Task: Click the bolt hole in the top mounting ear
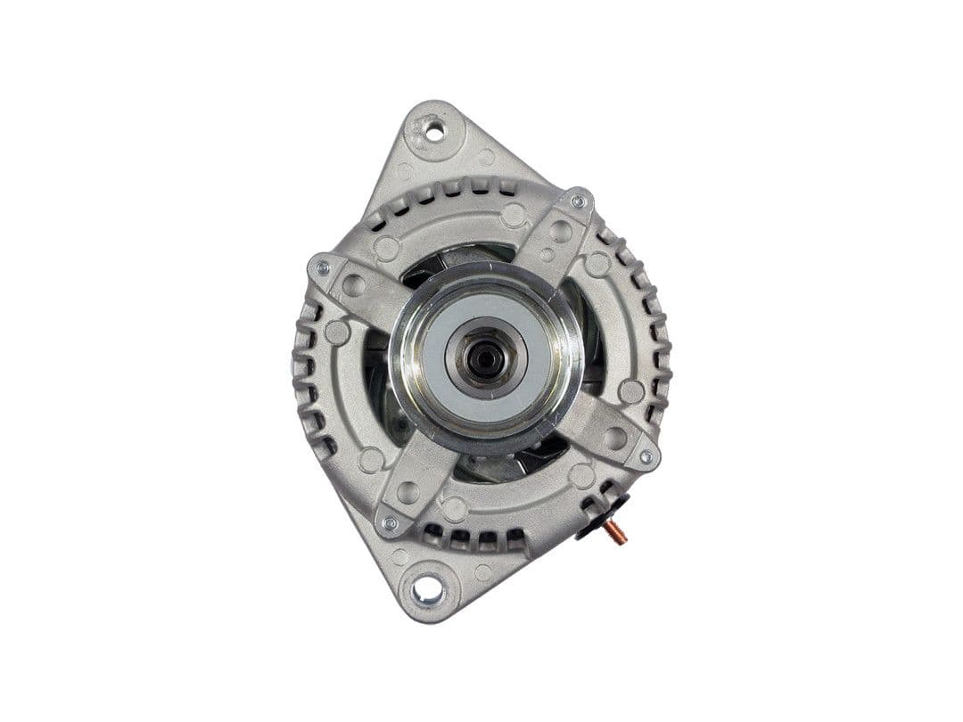coord(434,131)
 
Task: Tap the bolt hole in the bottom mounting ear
coord(427,589)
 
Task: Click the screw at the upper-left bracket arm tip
coord(322,267)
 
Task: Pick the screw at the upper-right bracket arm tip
coord(578,201)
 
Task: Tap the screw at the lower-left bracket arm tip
coord(389,523)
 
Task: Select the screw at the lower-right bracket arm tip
coord(646,456)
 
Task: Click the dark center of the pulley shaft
coord(484,358)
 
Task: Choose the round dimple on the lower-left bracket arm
coord(407,492)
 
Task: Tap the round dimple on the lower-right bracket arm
coord(615,438)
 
